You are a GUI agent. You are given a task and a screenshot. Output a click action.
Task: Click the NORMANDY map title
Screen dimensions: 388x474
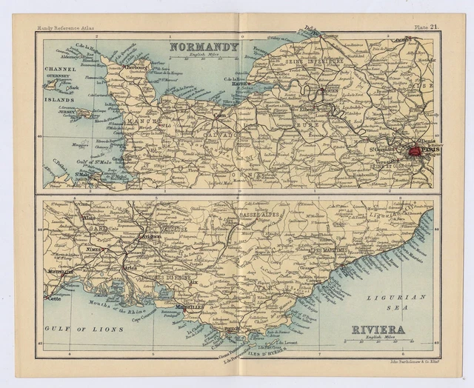coord(204,47)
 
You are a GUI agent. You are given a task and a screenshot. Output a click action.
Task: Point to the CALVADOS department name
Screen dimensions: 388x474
coord(222,136)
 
